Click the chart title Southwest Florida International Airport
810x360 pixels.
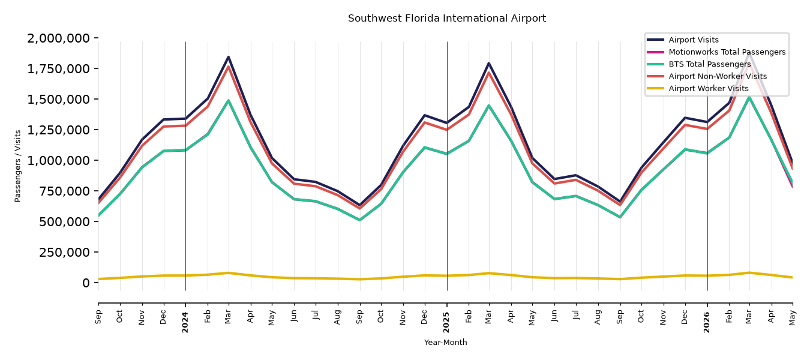(x=447, y=18)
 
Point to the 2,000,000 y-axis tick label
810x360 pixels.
(x=59, y=38)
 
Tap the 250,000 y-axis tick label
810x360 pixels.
(x=64, y=252)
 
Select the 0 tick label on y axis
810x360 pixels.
(x=86, y=283)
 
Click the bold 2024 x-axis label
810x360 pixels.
(x=185, y=322)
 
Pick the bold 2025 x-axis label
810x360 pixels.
(x=446, y=322)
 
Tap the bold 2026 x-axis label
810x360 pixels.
(x=707, y=322)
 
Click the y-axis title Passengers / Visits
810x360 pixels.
(x=18, y=166)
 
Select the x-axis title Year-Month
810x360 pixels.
(x=445, y=342)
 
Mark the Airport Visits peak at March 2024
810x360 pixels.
(x=229, y=57)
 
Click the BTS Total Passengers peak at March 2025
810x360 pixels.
(x=489, y=106)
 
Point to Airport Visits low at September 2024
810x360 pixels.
(x=359, y=205)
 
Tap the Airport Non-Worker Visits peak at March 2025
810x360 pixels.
(x=489, y=72)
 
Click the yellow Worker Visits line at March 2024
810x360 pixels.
(x=229, y=273)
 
